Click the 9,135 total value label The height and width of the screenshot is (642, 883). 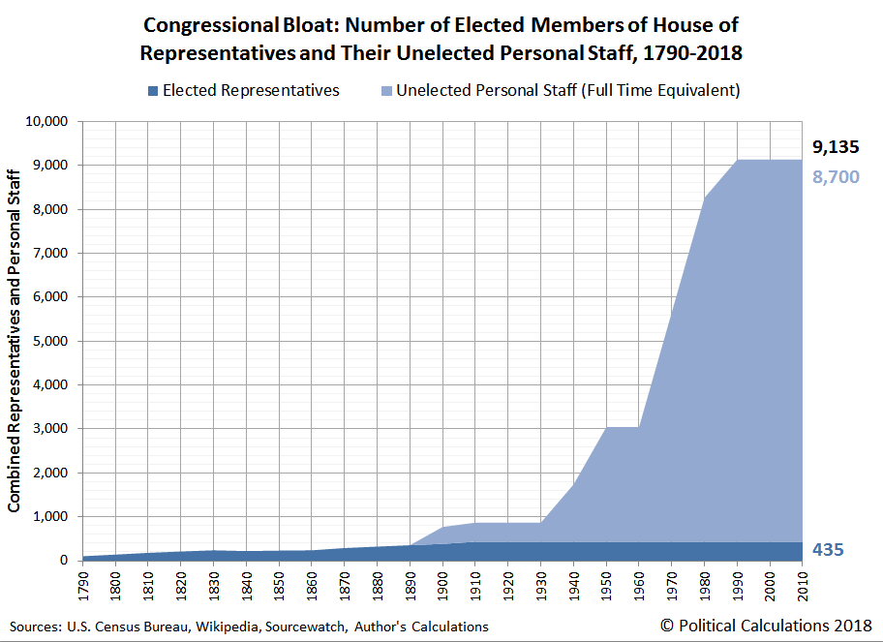[x=835, y=148]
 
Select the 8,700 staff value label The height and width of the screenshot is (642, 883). [x=835, y=177]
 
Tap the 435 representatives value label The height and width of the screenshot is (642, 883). [x=828, y=550]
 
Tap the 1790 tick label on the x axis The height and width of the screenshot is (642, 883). [x=82, y=585]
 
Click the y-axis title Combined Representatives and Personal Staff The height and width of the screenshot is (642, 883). [x=15, y=340]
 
